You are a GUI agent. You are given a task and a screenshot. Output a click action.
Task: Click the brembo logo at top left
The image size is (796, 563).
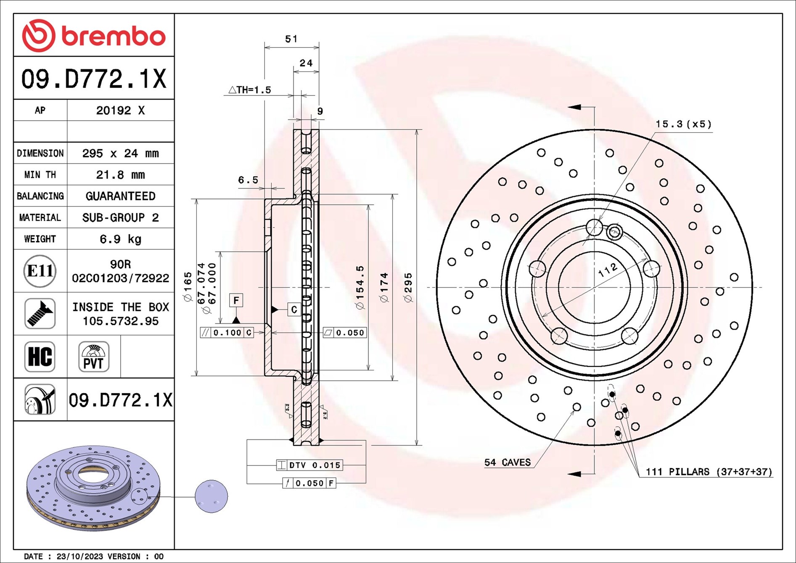pyautogui.click(x=93, y=36)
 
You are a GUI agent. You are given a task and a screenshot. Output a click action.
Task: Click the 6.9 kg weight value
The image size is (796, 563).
pyautogui.click(x=120, y=239)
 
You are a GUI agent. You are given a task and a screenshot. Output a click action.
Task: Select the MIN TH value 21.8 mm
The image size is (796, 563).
pyautogui.click(x=120, y=175)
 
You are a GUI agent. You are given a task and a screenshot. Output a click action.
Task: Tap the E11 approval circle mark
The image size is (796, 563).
pyautogui.click(x=40, y=271)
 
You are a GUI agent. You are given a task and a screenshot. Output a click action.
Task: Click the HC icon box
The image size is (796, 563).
pyautogui.click(x=40, y=357)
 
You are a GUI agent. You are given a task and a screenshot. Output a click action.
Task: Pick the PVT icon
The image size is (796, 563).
pyautogui.click(x=93, y=357)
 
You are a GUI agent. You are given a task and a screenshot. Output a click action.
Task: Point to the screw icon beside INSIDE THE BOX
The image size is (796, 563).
pyautogui.click(x=40, y=314)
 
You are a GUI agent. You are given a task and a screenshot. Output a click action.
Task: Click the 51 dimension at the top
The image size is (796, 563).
pyautogui.click(x=291, y=39)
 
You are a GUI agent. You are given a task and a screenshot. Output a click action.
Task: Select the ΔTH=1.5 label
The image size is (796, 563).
pyautogui.click(x=250, y=90)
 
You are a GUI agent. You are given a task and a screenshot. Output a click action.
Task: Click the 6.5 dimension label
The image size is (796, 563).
pyautogui.click(x=248, y=180)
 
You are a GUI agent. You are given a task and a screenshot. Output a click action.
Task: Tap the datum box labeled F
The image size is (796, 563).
pyautogui.click(x=236, y=300)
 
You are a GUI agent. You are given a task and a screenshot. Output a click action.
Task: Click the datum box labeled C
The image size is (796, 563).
pyautogui.click(x=294, y=309)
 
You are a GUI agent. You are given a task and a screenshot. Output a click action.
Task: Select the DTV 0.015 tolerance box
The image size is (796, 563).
pyautogui.click(x=310, y=465)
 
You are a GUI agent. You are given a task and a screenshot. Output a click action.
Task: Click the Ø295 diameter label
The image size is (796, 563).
pyautogui.click(x=408, y=288)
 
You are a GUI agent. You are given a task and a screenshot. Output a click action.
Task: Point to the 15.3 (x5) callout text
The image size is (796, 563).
pyautogui.click(x=683, y=124)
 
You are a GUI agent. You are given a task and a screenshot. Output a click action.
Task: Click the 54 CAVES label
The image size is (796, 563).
pyautogui.click(x=508, y=463)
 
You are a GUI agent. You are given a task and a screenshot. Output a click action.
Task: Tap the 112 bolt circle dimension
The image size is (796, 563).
pyautogui.click(x=608, y=270)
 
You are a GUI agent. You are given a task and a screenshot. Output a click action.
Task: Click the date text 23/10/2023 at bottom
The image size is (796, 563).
pyautogui.click(x=79, y=556)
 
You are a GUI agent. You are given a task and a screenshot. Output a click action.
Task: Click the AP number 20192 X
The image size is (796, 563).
pyautogui.click(x=120, y=111)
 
